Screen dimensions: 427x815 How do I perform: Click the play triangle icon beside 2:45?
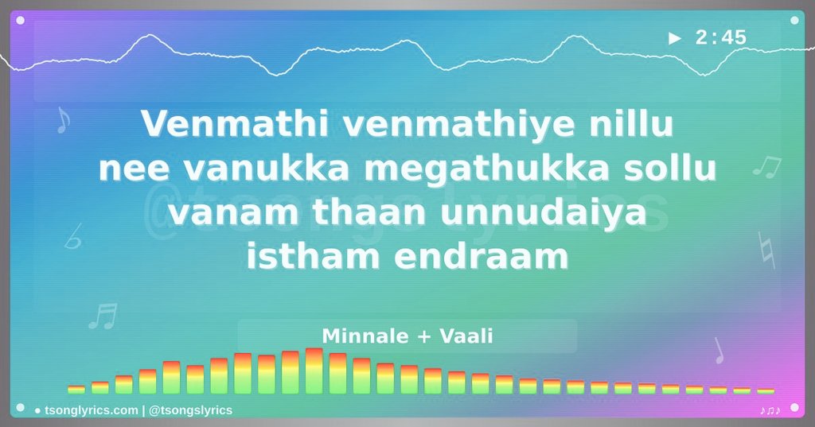point(675,38)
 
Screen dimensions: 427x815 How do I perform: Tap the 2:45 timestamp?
point(720,38)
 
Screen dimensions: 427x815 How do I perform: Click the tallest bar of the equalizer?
point(314,371)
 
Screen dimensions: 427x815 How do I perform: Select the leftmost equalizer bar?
point(76,390)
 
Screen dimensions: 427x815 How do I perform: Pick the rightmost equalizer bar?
point(766,390)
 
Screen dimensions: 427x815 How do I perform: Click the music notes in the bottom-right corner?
point(770,410)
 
